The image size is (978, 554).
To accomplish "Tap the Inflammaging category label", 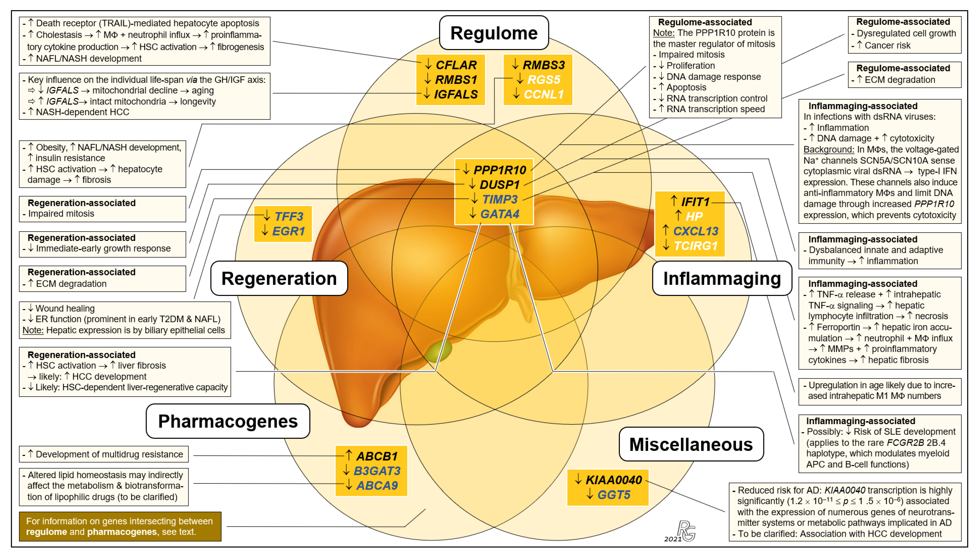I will coord(722,278).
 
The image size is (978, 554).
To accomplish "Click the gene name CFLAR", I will coord(456,65).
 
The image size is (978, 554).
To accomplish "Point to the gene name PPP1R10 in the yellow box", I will coord(500,170).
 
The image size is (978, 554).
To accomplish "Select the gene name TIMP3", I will coord(500,199).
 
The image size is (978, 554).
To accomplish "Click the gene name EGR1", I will coord(289,231).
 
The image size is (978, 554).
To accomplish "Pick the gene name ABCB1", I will coord(377,456).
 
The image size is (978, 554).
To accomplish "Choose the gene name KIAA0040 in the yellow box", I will coord(613,480).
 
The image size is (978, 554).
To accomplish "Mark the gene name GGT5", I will coord(613,495).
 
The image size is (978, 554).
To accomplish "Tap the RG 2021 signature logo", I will coord(683,532).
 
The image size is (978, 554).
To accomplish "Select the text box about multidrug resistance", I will coord(104,454).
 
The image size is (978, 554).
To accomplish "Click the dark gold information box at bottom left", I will coord(120,526).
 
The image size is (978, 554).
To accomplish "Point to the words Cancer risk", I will coord(887,46).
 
